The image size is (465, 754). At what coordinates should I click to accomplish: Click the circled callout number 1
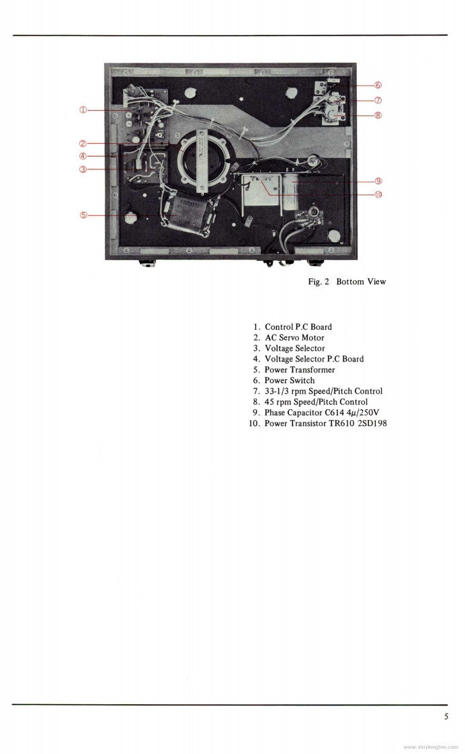(83, 110)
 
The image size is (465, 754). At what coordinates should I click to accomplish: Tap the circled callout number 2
(83, 142)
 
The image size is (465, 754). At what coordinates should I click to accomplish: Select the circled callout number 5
(83, 215)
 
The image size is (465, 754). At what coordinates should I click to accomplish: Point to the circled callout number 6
(378, 85)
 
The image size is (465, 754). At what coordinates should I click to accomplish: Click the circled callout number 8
(378, 115)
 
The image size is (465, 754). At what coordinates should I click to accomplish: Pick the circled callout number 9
(378, 181)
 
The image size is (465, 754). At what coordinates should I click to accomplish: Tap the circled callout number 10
(378, 195)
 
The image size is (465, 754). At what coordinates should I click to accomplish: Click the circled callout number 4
(83, 157)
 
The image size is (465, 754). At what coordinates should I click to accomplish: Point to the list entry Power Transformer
(300, 370)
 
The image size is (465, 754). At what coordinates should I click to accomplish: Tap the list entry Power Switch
(290, 380)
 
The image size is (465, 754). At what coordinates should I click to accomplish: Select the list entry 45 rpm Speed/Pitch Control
(316, 402)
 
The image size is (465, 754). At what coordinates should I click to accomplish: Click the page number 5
(446, 716)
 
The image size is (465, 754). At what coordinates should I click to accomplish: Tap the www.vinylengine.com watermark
(431, 747)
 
